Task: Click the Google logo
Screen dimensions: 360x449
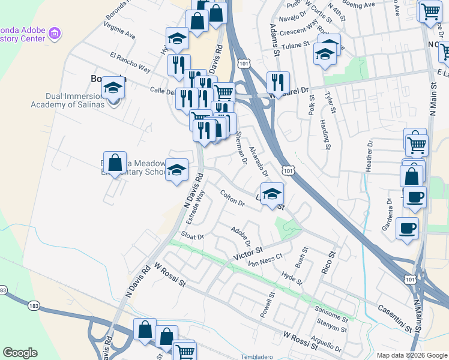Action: [x=20, y=352]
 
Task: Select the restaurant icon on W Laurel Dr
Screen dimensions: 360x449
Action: [x=277, y=82]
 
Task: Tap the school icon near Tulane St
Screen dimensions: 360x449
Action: [x=325, y=55]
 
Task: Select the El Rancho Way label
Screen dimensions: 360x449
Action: [x=130, y=62]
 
